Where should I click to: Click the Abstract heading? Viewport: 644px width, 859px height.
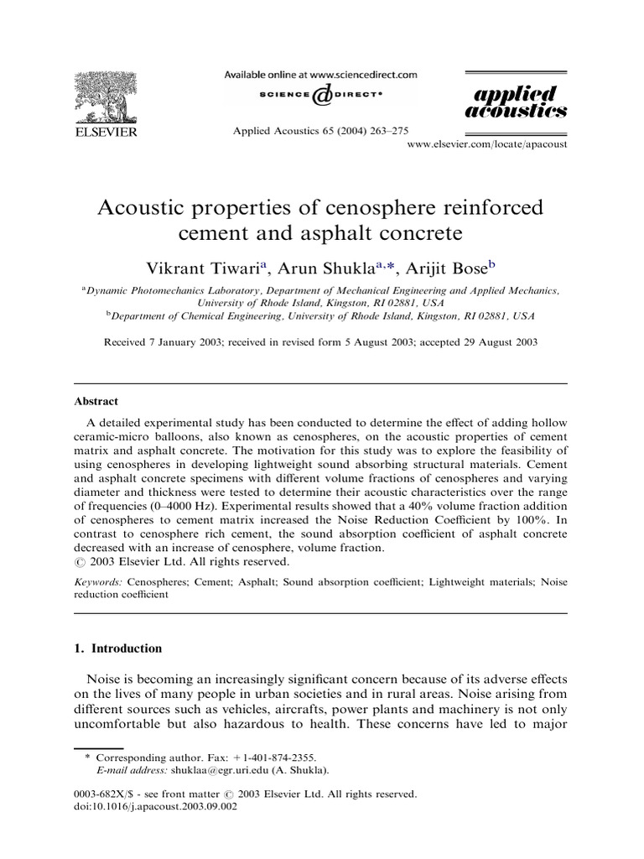[x=96, y=401]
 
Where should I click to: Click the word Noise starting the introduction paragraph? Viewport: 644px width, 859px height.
[x=106, y=678]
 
